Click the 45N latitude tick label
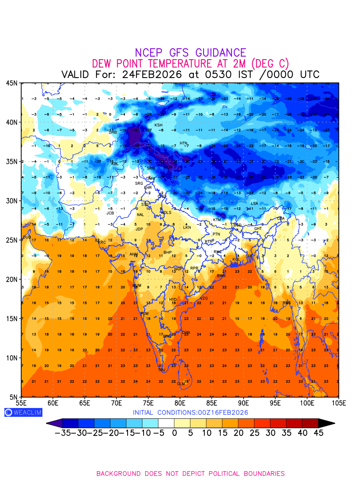(x=12, y=83)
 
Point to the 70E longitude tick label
(x=116, y=402)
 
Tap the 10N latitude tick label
(x=12, y=358)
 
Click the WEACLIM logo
(x=23, y=412)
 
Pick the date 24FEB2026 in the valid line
(x=153, y=74)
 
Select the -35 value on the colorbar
(x=63, y=432)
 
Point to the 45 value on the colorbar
(x=318, y=432)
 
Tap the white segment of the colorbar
(x=166, y=423)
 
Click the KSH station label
(x=158, y=125)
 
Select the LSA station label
(x=254, y=203)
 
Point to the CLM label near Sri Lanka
(x=181, y=384)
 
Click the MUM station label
(x=137, y=285)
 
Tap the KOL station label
(x=236, y=259)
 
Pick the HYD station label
(x=173, y=299)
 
